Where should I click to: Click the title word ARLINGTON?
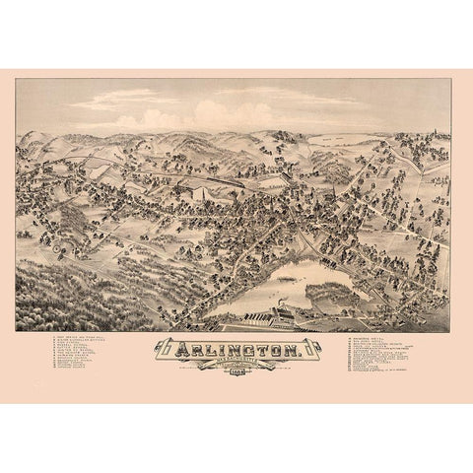coord(236,349)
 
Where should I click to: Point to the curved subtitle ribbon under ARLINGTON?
coord(236,362)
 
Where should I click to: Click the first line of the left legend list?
coord(83,338)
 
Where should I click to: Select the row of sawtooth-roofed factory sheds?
coord(246,318)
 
